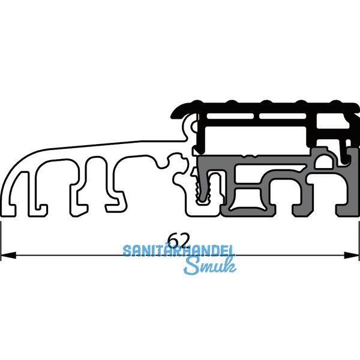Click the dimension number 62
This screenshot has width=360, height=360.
[x=179, y=240]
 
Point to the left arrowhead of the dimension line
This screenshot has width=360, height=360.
[x=8, y=255]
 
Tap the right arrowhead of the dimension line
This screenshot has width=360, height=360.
[x=352, y=255]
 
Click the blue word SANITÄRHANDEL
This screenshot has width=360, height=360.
[x=179, y=251]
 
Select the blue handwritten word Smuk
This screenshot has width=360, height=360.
[x=210, y=266]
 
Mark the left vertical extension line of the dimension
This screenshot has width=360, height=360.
[x=1, y=241]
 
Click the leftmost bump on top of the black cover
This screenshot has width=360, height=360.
[x=197, y=102]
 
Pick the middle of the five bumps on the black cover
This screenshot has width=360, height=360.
[x=266, y=102]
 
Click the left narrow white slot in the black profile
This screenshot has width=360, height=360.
[x=230, y=116]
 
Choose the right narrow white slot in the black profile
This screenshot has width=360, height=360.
[x=283, y=116]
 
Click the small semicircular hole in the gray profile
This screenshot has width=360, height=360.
[x=324, y=162]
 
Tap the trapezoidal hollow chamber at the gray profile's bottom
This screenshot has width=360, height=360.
[x=247, y=199]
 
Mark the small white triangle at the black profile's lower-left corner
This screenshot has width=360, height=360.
[x=196, y=152]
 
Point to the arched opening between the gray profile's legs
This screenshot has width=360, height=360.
[x=284, y=193]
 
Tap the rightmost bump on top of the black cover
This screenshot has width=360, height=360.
[x=336, y=102]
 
